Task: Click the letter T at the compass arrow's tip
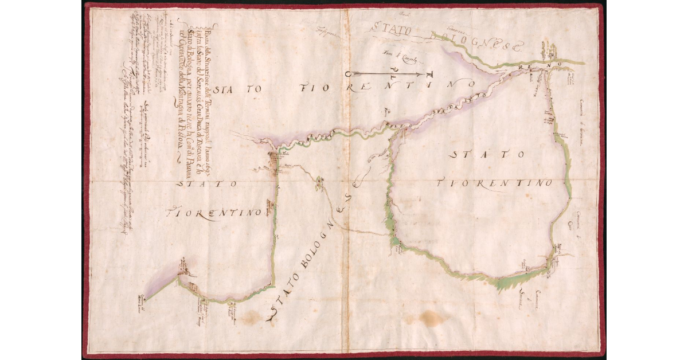(430, 75)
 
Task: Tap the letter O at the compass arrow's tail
(348, 74)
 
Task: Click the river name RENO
(530, 68)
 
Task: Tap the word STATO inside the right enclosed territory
(487, 154)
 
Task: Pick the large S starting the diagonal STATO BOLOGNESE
(272, 312)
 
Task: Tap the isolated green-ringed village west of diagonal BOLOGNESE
(318, 182)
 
